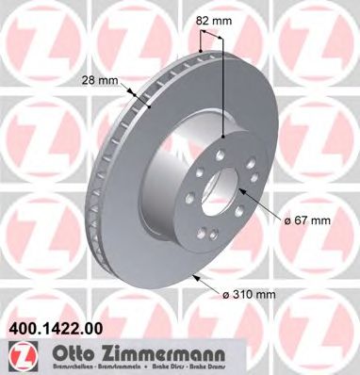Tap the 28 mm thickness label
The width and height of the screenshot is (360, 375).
[x=101, y=79]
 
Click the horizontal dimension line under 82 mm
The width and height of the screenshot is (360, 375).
[x=212, y=35]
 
